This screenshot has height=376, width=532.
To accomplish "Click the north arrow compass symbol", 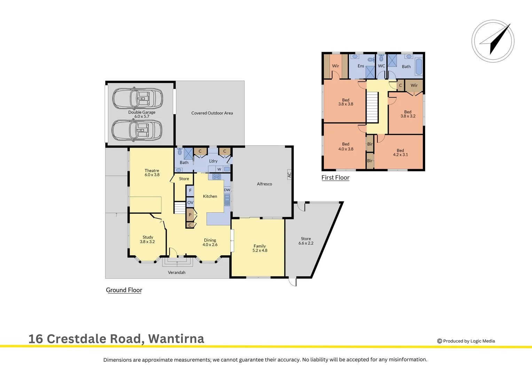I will (493, 41).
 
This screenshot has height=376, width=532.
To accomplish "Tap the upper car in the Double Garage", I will (138, 99).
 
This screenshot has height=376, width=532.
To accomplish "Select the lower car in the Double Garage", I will (137, 130).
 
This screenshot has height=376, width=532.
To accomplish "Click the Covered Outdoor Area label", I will (212, 113).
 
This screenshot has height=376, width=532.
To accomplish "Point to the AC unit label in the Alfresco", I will (289, 174).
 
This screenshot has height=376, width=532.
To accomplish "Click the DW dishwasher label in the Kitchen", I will (227, 190).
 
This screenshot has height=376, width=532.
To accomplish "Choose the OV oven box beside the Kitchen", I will (190, 202).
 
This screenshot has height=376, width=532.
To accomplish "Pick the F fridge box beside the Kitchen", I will (190, 190).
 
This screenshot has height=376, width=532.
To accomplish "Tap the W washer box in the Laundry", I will (219, 169).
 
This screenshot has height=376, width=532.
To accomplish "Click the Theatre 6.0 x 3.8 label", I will (152, 173).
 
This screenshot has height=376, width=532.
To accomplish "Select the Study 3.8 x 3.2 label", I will (148, 240).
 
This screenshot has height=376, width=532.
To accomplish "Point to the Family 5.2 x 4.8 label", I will (260, 248).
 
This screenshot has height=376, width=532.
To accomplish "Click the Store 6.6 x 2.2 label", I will (306, 241).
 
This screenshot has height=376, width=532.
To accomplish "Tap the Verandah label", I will (177, 273).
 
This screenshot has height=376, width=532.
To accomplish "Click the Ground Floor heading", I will (124, 290).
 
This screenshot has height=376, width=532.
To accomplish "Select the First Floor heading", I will (335, 178).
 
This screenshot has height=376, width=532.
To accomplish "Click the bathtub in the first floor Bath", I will (418, 66).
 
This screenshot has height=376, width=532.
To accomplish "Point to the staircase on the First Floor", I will (372, 107).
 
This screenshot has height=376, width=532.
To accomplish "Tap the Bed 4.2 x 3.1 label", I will (400, 152).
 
